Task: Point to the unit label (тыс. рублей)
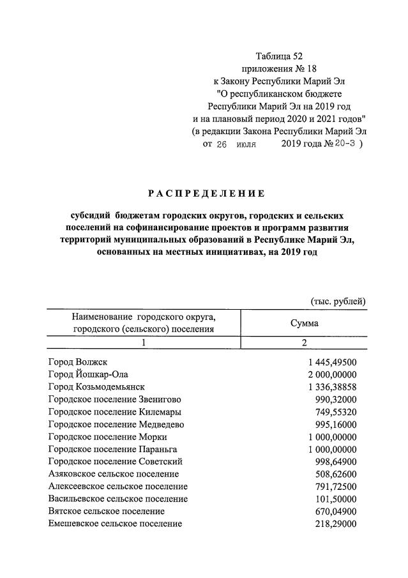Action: coord(338,301)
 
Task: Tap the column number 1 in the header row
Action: coord(144,343)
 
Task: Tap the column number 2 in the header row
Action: coord(305,343)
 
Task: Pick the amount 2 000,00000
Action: coord(331,374)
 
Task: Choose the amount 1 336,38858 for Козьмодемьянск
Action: coord(331,386)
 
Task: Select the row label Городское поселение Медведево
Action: coord(116,424)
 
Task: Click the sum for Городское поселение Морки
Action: coord(331,436)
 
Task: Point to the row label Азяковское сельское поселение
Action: coord(114,474)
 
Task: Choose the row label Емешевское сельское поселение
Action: coord(115,524)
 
